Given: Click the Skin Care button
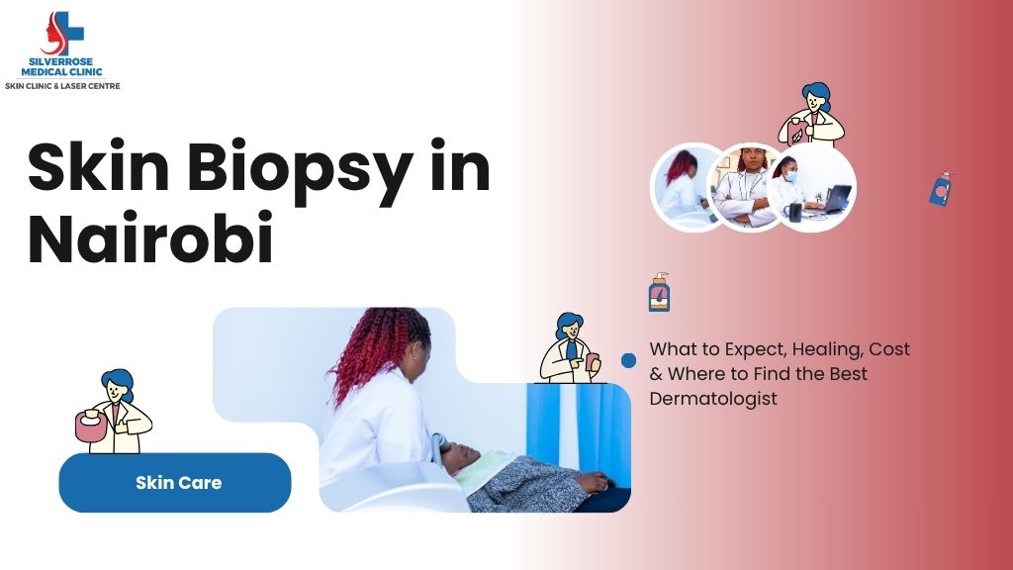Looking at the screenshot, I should tap(175, 483).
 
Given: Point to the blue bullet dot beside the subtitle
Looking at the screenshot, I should tap(628, 360).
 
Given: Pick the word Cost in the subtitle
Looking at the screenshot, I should tap(889, 349).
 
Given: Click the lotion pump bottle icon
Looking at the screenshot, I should tap(659, 293).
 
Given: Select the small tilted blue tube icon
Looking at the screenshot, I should tap(940, 189).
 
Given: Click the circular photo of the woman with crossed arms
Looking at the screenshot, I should tap(748, 187).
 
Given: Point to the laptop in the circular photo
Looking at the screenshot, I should tap(835, 198).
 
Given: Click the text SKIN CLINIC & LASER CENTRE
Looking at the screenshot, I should tap(62, 86).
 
